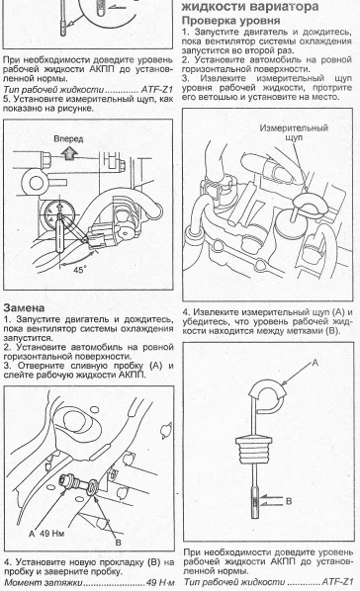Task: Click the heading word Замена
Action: point(24,307)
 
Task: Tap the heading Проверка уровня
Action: point(231,20)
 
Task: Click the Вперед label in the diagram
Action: point(68,138)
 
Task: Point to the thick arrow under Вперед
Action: point(69,153)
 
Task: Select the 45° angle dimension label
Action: point(80,270)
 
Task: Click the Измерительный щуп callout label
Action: point(294,132)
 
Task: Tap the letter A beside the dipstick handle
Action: point(315,363)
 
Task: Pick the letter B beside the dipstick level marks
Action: point(289,501)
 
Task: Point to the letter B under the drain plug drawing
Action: point(118,543)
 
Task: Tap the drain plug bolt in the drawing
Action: point(71,482)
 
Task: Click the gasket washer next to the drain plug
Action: point(92,489)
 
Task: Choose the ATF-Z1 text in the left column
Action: point(156,90)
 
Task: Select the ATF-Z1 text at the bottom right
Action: point(337,581)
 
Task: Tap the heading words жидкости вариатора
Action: point(250,6)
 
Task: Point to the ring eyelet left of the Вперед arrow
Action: point(37,183)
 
